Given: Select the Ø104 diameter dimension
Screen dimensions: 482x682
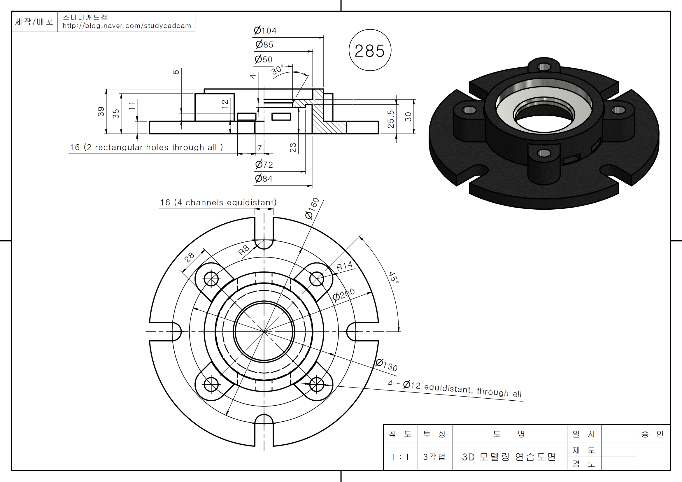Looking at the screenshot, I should point(265,30).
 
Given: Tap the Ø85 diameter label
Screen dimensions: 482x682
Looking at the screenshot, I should point(264,45).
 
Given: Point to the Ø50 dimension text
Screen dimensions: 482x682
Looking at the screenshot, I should point(264,59).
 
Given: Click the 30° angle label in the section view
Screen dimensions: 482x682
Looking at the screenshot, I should point(277,69).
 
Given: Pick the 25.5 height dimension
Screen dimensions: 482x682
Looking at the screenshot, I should point(391,119).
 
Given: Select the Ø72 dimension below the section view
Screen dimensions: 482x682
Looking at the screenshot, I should point(264,164).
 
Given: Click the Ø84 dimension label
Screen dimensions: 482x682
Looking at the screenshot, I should point(264,178).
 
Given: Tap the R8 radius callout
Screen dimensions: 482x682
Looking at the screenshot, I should point(243,250).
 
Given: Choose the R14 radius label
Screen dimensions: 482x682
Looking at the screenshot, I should point(345,266).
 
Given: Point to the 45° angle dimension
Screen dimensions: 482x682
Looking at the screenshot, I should point(394,277).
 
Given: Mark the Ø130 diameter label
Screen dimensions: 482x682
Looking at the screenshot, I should point(386,365).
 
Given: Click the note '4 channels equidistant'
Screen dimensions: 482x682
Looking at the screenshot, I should point(218,203).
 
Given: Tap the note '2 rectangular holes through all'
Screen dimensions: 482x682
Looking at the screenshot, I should point(146,147).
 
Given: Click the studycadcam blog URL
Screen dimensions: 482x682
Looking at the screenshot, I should point(127,26).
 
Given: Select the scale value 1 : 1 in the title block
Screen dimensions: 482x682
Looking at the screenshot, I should point(400,457).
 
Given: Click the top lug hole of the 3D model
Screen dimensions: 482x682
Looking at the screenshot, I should point(544,67).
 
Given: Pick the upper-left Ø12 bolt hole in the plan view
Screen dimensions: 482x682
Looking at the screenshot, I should point(211,279).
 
